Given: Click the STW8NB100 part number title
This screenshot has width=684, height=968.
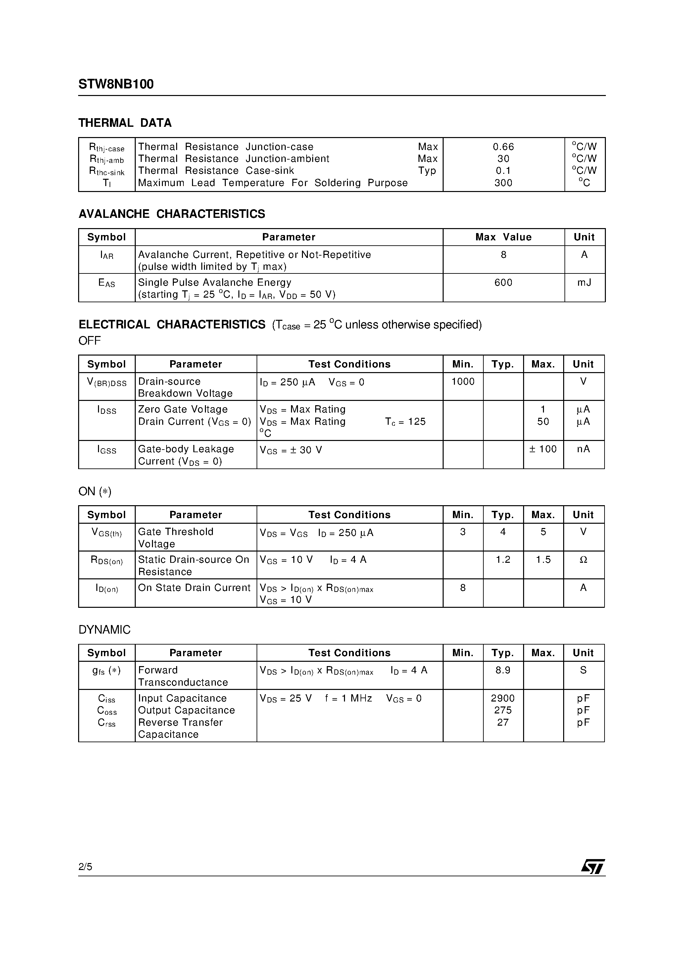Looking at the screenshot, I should (x=116, y=84).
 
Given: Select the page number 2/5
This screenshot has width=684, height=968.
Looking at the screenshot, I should (x=85, y=867).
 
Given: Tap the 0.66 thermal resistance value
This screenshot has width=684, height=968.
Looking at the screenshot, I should (x=503, y=147).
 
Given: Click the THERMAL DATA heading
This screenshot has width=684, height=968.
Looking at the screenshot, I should (x=125, y=123).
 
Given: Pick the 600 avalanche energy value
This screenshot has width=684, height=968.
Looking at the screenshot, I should (x=503, y=282).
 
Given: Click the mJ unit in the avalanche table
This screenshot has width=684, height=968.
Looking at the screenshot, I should (x=584, y=282).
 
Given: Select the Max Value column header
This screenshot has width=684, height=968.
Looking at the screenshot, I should (x=503, y=237).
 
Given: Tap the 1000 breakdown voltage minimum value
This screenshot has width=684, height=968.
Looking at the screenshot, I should (x=463, y=382).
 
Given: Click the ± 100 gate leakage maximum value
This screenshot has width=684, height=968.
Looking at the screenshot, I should (x=543, y=449).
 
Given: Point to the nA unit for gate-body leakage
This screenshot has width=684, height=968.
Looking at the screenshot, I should (x=583, y=449).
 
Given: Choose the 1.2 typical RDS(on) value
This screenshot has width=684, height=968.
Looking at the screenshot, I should (x=503, y=559).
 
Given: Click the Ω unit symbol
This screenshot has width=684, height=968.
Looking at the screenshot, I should (x=583, y=560).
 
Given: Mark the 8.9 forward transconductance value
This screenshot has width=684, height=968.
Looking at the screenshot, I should (x=503, y=670).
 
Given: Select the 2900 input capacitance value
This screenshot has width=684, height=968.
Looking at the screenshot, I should (x=503, y=698).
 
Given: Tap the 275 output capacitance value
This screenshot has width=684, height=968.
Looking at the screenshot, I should (x=503, y=710).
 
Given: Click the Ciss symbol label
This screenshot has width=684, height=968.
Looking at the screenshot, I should (x=107, y=699).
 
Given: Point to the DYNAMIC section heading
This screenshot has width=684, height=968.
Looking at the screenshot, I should (x=105, y=630).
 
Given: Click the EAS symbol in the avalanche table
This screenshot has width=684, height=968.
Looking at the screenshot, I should (x=107, y=283).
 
